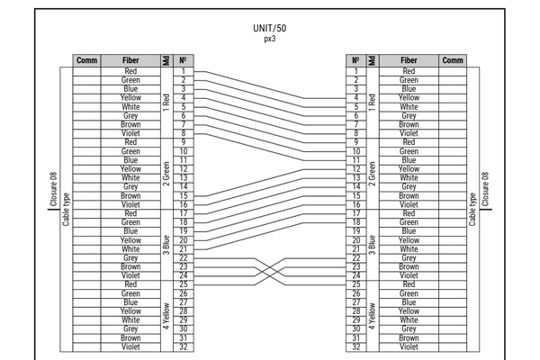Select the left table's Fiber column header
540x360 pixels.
click(x=131, y=60)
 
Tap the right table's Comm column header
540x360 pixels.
click(x=453, y=60)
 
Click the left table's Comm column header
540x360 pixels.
click(x=86, y=60)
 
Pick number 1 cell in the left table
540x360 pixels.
click(x=184, y=70)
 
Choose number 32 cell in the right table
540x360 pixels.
click(x=356, y=346)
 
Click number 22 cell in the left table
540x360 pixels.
click(x=184, y=257)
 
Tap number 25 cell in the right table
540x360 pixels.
click(x=356, y=283)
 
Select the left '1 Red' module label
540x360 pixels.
click(x=165, y=101)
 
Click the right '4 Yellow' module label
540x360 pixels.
click(x=371, y=315)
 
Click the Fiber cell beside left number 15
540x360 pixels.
click(x=131, y=195)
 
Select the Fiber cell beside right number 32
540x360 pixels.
click(x=409, y=346)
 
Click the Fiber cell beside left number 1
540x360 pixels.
click(x=131, y=70)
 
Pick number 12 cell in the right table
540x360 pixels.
click(x=356, y=168)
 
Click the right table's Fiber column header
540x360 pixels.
click(x=409, y=60)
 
